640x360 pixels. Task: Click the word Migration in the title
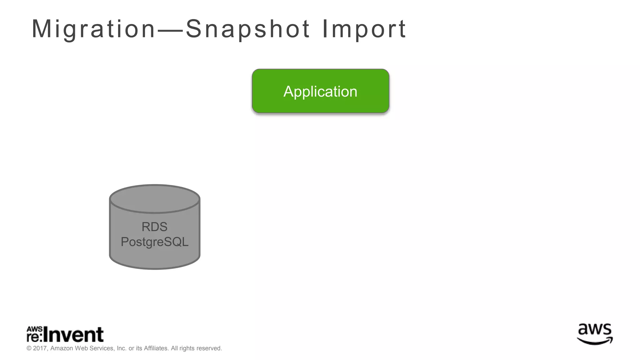pyautogui.click(x=93, y=29)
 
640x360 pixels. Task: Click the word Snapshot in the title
pyautogui.click(x=248, y=29)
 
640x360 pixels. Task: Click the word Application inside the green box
pyautogui.click(x=320, y=92)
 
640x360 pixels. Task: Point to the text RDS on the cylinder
pyautogui.click(x=154, y=227)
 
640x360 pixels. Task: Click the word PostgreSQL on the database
pyautogui.click(x=154, y=242)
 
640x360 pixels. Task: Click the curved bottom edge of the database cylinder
pyautogui.click(x=154, y=268)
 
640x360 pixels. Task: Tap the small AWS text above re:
pyautogui.click(x=34, y=329)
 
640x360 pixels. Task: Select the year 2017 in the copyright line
pyautogui.click(x=40, y=348)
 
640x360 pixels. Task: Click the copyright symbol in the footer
pyautogui.click(x=29, y=348)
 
